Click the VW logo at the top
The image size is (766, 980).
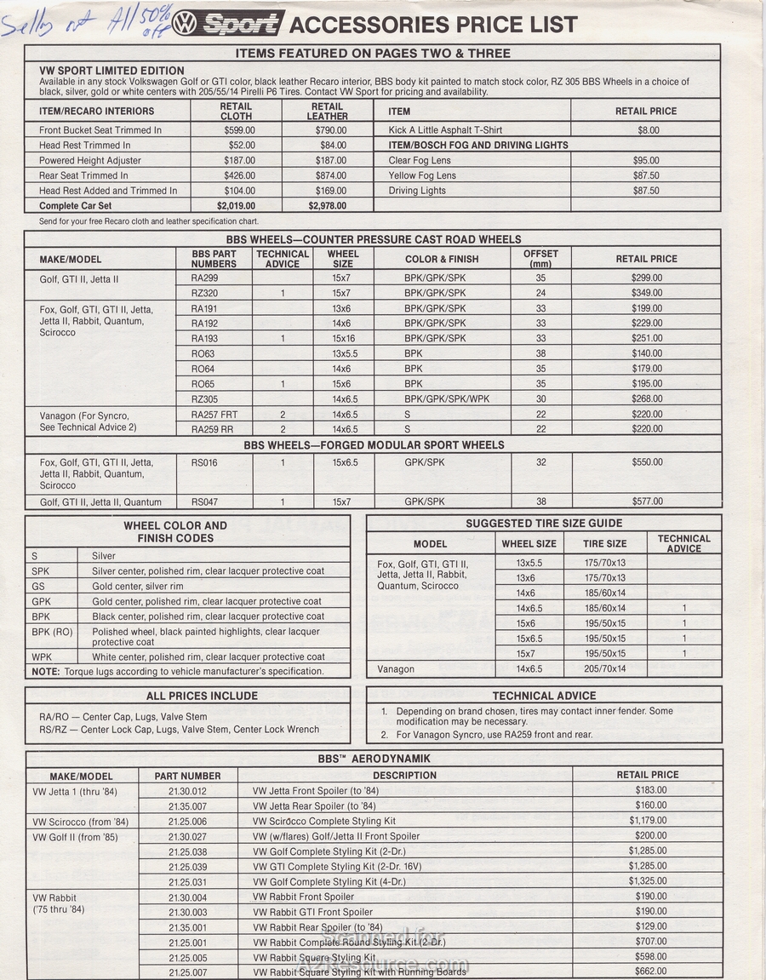click(x=184, y=24)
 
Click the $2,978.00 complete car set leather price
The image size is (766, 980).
click(x=327, y=205)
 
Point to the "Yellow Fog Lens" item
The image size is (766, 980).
click(x=422, y=175)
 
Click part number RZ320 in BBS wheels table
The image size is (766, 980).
click(x=204, y=293)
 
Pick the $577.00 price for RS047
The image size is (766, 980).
click(x=646, y=501)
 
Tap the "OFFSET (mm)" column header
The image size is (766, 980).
click(x=540, y=259)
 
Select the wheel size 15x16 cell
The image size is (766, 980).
click(x=343, y=338)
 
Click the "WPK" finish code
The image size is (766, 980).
click(x=42, y=657)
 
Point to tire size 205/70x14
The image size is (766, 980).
click(x=604, y=669)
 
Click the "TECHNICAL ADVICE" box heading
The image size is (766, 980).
click(x=544, y=696)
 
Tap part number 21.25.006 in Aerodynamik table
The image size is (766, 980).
click(x=187, y=822)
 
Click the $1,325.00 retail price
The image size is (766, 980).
click(x=647, y=881)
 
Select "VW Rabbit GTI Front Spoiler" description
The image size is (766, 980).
click(x=312, y=912)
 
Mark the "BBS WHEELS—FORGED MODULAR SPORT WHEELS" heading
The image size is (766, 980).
click(x=374, y=444)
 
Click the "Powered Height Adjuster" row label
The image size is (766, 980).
click(x=90, y=160)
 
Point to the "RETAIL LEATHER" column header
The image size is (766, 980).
click(x=328, y=111)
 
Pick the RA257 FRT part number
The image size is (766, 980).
click(x=214, y=415)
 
